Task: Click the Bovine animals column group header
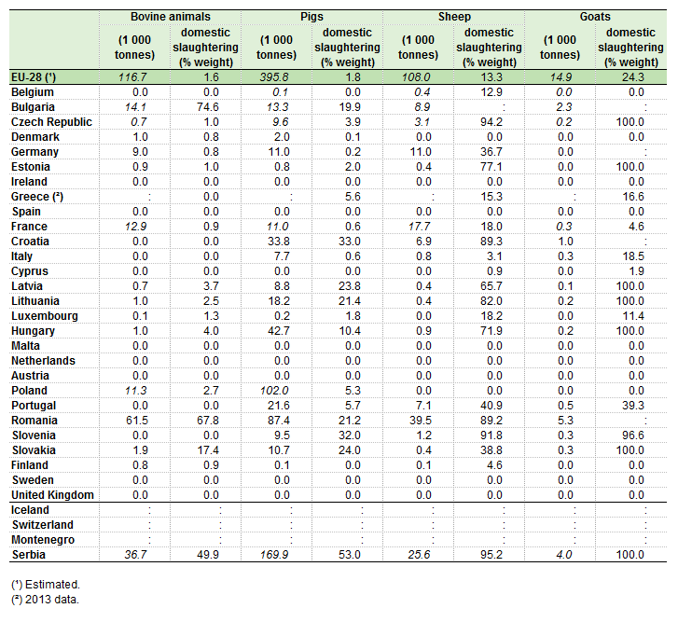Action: (x=171, y=17)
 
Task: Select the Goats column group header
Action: (x=595, y=17)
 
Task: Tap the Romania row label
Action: (x=35, y=421)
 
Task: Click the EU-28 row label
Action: (x=34, y=77)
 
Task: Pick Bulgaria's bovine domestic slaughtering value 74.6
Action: (x=208, y=107)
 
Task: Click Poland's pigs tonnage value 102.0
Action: (x=274, y=391)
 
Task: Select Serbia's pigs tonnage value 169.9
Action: (x=274, y=555)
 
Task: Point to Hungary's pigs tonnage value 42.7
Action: (x=279, y=331)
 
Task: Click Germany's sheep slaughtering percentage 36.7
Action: (x=491, y=152)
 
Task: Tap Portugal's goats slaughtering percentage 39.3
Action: (x=633, y=406)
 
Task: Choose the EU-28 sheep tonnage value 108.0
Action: (x=416, y=77)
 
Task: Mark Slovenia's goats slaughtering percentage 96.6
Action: (x=633, y=435)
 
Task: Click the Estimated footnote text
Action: (x=46, y=585)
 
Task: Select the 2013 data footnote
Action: (x=46, y=600)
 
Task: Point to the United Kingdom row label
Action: (x=52, y=495)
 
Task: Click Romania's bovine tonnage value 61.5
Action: (x=137, y=421)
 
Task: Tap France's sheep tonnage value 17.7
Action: (x=419, y=227)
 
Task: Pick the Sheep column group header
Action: (x=454, y=17)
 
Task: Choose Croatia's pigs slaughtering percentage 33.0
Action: (x=350, y=242)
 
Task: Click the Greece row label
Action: (x=37, y=197)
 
